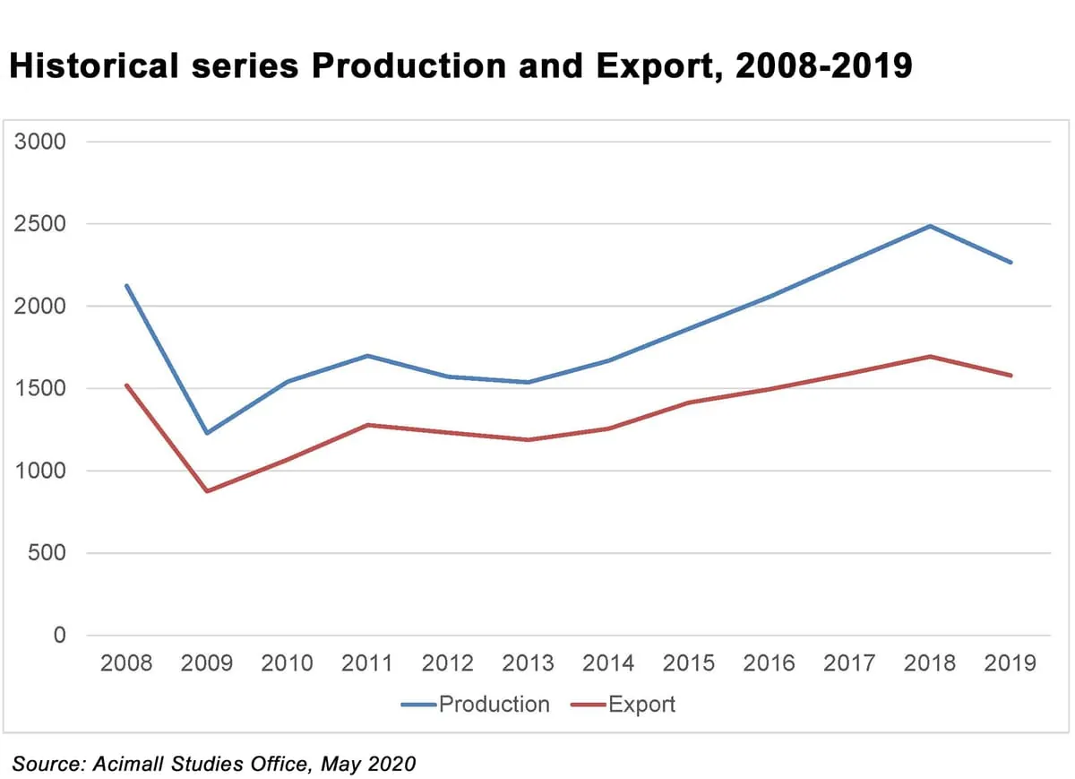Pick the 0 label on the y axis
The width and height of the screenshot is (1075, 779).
tap(60, 636)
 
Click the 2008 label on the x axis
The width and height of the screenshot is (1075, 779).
tap(126, 663)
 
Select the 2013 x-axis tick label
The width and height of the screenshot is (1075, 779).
tap(528, 663)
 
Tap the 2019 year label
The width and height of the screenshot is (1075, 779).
tap(1010, 663)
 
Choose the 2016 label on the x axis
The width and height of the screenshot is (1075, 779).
tap(769, 663)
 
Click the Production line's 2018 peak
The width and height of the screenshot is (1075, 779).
tap(930, 226)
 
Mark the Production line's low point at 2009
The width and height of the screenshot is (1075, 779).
tap(207, 433)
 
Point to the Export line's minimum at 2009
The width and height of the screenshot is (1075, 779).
tap(207, 491)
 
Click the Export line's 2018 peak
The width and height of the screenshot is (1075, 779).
tap(930, 356)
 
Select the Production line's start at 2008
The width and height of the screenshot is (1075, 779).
tap(126, 286)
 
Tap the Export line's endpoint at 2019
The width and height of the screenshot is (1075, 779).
tap(1010, 376)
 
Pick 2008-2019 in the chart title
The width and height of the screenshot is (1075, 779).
tap(823, 67)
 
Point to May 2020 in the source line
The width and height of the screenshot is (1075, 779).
tap(370, 764)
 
